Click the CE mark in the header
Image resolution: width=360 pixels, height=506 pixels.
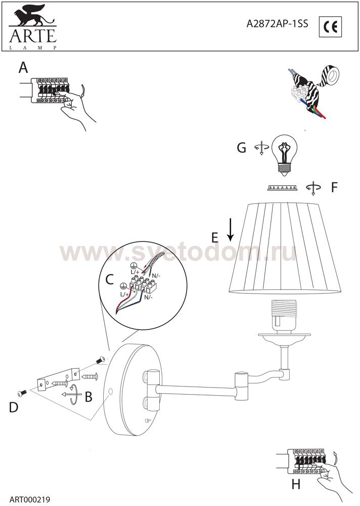[330, 26]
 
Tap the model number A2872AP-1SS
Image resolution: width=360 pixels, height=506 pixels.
[277, 24]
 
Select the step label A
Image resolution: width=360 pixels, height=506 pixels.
[23, 68]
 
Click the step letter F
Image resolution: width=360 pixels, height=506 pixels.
[334, 187]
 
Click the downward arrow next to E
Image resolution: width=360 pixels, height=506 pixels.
[231, 230]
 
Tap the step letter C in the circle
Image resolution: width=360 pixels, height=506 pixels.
[110, 279]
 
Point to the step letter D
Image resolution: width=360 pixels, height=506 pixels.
[14, 407]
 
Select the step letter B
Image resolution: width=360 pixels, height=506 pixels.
[88, 397]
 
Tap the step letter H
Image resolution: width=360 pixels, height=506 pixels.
[296, 484]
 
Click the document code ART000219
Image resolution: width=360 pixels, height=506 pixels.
[30, 499]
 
